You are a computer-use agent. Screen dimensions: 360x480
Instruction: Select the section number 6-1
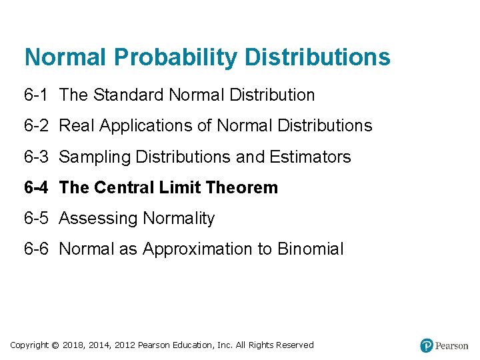[x=36, y=95]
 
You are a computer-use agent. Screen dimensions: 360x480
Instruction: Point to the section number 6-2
[x=36, y=125]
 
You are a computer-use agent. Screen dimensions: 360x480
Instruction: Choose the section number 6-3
[x=36, y=157]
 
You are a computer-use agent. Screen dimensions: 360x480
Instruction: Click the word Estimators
[x=310, y=157]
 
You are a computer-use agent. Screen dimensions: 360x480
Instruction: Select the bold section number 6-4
[x=37, y=187]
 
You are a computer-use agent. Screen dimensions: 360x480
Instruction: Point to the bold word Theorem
[x=242, y=187]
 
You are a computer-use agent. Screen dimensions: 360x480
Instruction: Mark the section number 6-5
[x=36, y=218]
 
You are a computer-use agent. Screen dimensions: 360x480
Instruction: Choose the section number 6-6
[x=36, y=249]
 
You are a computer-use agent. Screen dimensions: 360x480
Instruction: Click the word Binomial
[x=310, y=249]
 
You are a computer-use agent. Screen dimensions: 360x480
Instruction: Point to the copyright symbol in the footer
[x=55, y=345]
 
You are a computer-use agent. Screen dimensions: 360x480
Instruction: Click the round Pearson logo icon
[x=427, y=345]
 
